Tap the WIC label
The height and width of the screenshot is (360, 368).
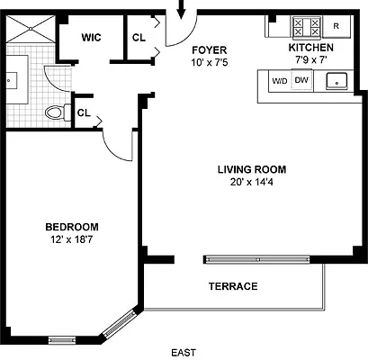point(90,38)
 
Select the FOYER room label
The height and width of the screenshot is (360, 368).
point(208,49)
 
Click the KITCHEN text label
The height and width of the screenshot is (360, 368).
point(310,47)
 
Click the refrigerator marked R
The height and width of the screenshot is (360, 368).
point(336,26)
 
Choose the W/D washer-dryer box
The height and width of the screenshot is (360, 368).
point(279,81)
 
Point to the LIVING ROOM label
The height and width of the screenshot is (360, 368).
point(251,169)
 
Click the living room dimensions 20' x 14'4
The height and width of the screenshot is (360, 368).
point(251,182)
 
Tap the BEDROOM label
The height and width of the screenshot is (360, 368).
point(71,227)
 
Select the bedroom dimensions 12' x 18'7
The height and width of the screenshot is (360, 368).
point(71,239)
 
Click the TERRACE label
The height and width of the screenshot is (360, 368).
point(233,286)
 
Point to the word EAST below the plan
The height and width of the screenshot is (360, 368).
point(184,353)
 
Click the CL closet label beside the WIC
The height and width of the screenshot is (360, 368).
point(139,38)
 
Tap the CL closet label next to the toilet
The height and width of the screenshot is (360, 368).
point(83,112)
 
